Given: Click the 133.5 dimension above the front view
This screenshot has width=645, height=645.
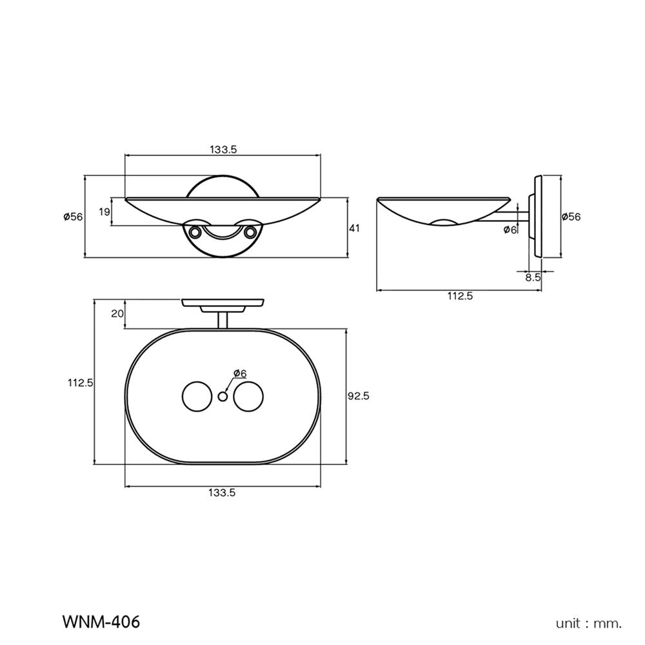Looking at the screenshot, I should [224, 149].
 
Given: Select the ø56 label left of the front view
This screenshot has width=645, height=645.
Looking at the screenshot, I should [73, 217].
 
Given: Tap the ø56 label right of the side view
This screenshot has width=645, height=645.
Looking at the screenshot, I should [571, 217].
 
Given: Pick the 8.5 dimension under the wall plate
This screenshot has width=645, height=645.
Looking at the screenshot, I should [533, 277].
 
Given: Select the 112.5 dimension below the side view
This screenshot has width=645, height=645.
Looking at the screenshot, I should [460, 296].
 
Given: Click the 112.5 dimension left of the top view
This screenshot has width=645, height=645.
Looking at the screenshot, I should [81, 382].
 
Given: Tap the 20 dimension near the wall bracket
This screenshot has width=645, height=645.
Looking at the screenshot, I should [117, 314].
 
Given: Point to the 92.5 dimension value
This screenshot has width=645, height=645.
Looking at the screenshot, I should [358, 397].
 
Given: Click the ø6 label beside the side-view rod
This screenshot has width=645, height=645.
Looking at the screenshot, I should [510, 230].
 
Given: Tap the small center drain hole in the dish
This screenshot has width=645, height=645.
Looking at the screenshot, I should [223, 397].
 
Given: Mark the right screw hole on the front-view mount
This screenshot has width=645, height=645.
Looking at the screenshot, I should [250, 230].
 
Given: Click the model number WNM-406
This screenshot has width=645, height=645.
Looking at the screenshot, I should [101, 622].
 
